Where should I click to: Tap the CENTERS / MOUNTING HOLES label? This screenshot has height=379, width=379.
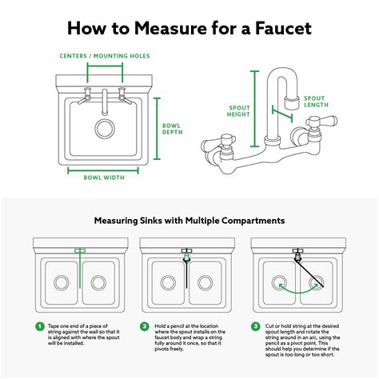coord(103,56)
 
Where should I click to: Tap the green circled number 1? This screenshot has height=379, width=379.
coord(38,326)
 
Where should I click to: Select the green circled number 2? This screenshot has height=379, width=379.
coord(145,326)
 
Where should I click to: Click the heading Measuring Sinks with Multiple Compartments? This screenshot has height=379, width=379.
coord(189,220)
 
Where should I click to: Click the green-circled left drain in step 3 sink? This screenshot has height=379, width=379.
coord(280,282)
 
